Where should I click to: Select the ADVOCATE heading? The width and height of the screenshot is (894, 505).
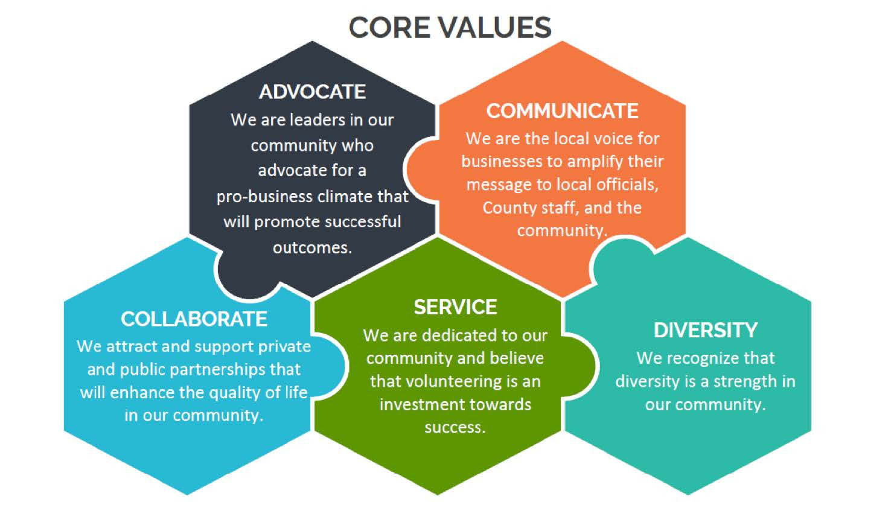pyautogui.click(x=312, y=92)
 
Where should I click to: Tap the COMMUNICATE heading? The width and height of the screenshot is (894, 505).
pyautogui.click(x=562, y=111)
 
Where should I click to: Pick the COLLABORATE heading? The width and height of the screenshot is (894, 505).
pyautogui.click(x=194, y=319)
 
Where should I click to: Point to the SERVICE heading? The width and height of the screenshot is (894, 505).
pyautogui.click(x=455, y=307)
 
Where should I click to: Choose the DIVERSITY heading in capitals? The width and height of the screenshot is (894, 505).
pyautogui.click(x=705, y=330)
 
